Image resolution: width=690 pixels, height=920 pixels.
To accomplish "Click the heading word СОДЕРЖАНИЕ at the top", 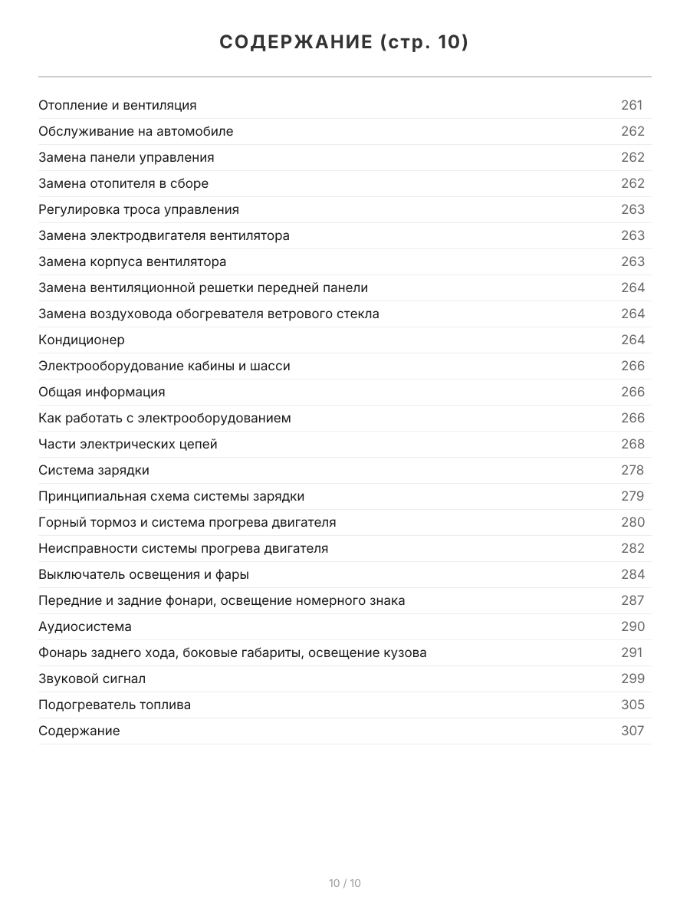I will [295, 42].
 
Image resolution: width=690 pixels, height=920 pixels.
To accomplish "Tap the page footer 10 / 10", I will [345, 883].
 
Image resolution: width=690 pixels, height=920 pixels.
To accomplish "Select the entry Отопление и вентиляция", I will [117, 105].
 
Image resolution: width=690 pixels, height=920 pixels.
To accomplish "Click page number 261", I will [632, 105].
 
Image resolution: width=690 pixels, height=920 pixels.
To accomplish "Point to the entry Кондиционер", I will [81, 340].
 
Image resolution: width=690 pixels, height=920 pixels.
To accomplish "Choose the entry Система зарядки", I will [94, 470].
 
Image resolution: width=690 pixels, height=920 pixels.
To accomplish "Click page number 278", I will [632, 470].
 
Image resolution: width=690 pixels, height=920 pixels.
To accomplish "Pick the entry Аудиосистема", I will [85, 626].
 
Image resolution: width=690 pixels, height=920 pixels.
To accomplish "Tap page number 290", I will [632, 626].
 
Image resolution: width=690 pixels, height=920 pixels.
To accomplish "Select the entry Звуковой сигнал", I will [92, 678].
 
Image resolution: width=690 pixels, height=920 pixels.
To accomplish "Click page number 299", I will [632, 678].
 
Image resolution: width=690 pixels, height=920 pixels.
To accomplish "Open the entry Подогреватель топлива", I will [115, 705].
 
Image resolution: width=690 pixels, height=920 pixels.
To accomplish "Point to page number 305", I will [632, 705].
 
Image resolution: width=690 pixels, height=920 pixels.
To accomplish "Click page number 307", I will [632, 731].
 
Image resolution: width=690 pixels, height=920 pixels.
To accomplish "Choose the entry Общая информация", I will [102, 392].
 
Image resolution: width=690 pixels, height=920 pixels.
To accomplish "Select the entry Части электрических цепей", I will [128, 444].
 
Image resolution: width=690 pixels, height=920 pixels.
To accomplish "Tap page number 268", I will [632, 444].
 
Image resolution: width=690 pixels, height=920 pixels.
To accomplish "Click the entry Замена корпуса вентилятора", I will [133, 261].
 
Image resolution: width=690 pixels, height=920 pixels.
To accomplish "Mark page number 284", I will [632, 574].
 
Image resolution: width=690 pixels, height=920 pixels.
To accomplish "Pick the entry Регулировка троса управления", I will [139, 209].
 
